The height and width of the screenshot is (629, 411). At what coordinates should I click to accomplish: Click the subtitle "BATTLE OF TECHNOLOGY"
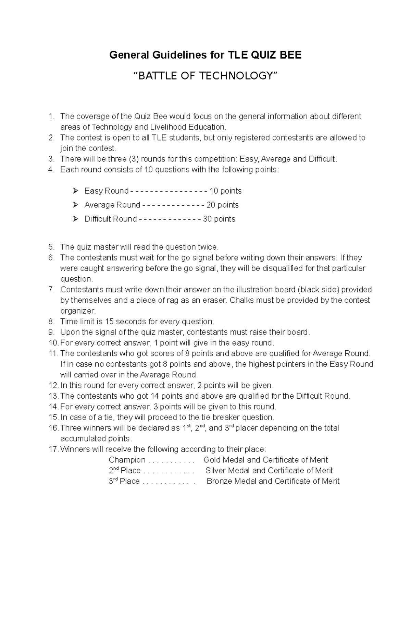[206, 75]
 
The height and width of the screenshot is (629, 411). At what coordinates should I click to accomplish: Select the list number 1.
[51, 117]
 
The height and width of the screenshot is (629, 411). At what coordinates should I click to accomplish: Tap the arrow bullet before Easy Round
[76, 191]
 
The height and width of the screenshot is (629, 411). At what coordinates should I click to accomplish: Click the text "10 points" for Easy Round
[225, 191]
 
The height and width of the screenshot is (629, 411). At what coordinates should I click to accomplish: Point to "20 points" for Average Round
[222, 205]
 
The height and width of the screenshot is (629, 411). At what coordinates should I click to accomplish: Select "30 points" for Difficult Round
[219, 219]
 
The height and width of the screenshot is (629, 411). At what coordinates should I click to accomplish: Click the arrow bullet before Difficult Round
[76, 219]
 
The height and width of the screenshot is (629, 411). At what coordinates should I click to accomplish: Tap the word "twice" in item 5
[207, 247]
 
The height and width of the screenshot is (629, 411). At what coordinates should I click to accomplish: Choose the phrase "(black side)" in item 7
[318, 290]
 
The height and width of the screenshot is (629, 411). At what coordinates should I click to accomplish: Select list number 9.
[51, 332]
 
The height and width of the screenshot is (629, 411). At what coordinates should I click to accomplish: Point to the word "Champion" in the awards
[127, 460]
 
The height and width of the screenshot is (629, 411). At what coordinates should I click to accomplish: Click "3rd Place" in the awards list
[124, 481]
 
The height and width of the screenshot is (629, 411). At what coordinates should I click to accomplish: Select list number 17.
[53, 449]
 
